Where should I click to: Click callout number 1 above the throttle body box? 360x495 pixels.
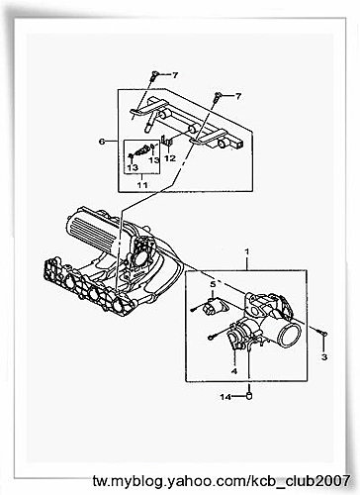tap(246, 251)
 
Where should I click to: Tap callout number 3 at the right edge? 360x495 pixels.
tap(324, 356)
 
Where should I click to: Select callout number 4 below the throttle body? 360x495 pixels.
tap(234, 371)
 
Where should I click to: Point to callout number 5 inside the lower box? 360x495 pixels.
tap(213, 283)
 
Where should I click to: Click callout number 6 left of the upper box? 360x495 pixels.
tap(102, 142)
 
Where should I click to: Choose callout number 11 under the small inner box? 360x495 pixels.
tap(142, 185)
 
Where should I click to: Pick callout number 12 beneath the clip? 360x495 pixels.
tap(170, 158)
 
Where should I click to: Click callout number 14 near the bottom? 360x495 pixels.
tap(225, 397)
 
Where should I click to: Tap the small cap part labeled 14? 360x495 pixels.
tap(249, 395)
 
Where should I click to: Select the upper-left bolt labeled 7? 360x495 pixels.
tap(154, 75)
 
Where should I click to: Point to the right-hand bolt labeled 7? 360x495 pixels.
tap(218, 97)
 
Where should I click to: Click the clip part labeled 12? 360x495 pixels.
tap(167, 141)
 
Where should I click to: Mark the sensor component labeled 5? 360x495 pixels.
tap(210, 306)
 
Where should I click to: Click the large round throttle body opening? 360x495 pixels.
tap(290, 335)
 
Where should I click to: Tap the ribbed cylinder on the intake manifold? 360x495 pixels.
tap(92, 235)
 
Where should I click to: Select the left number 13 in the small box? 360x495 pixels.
tap(133, 167)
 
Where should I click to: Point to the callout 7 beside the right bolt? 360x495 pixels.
tap(238, 96)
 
